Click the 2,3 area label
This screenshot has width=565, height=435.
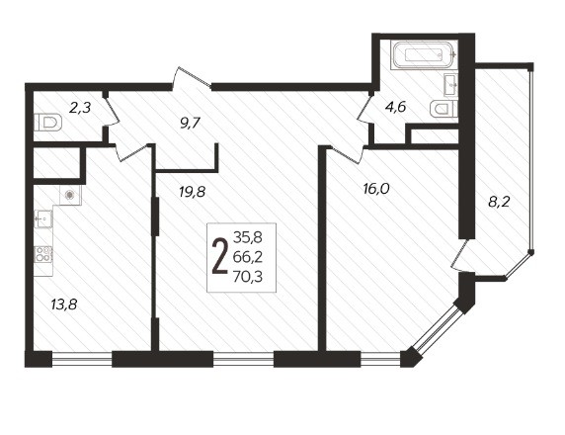coord(80,108)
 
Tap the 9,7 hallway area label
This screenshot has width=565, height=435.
coord(190,124)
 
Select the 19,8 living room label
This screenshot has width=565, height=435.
coord(192,192)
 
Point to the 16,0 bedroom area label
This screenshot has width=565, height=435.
coord(376,189)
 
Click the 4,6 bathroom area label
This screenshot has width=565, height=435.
coord(396,107)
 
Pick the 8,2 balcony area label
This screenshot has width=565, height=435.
coord(500,202)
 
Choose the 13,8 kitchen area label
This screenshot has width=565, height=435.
coord(64,305)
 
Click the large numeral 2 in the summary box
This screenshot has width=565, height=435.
coord(220,256)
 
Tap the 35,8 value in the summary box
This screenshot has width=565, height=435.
coord(248,237)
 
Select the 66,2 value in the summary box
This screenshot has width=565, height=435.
coord(248,257)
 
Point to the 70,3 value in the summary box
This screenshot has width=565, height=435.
coord(248,277)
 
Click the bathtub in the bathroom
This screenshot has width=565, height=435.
coord(424,54)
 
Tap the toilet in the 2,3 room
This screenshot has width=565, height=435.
coord(48,123)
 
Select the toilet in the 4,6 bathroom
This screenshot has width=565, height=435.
coord(444,108)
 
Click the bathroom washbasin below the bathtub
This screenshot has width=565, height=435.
coord(451,85)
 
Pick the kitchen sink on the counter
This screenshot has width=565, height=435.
coord(43,218)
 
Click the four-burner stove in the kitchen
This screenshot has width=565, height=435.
coord(43,254)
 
